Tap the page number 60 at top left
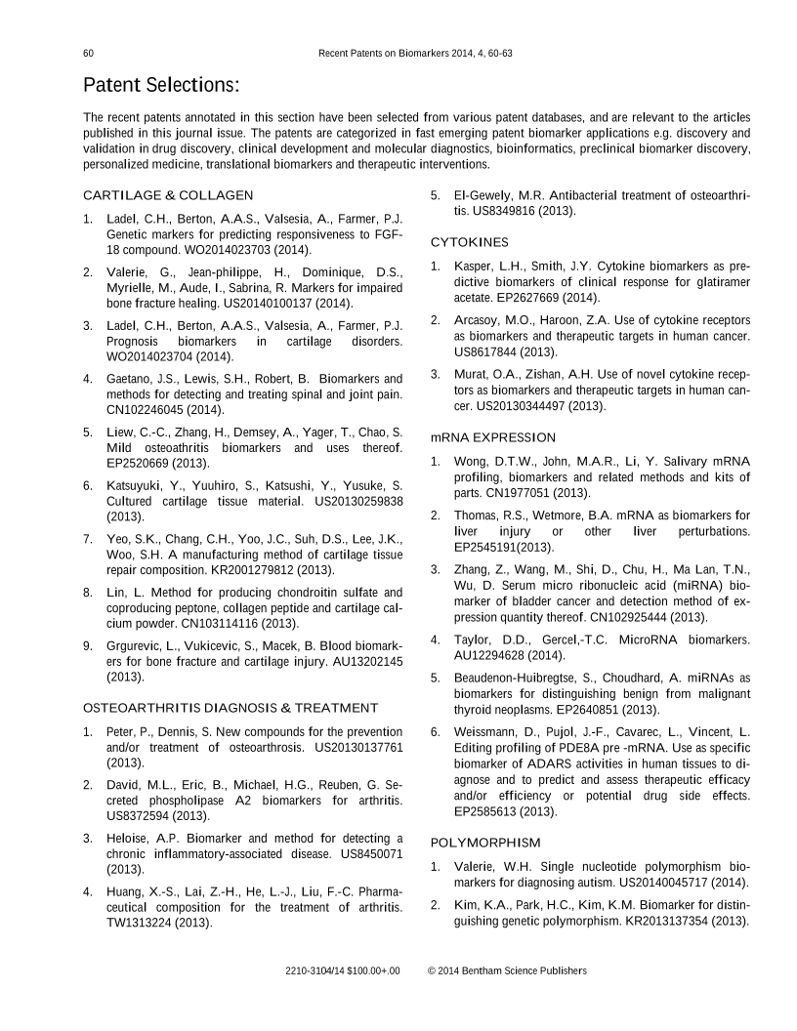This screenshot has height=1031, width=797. click(88, 52)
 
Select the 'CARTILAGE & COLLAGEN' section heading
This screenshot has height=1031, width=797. click(168, 195)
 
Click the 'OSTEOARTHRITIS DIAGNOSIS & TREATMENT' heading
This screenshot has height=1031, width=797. click(231, 707)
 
